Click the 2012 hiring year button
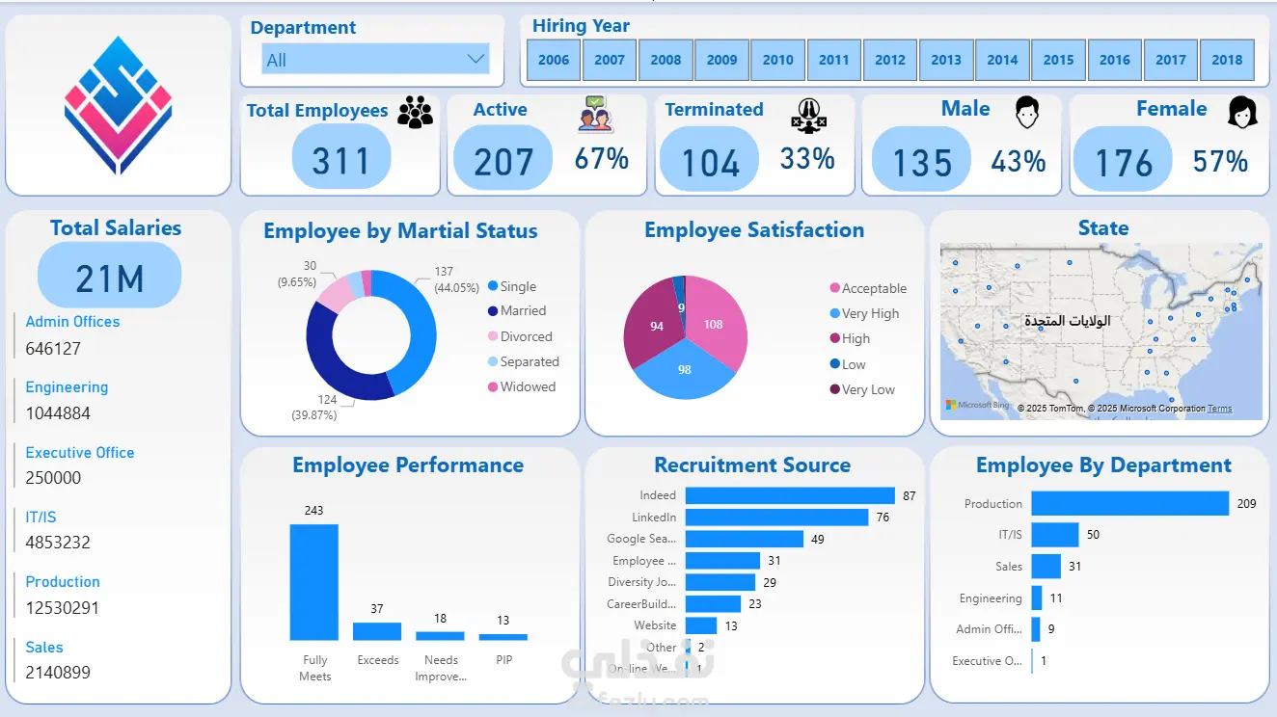[x=890, y=59]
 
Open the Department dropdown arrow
[x=475, y=60]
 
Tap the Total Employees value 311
[x=341, y=159]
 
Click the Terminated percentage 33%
[x=807, y=158]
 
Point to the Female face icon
[x=1242, y=113]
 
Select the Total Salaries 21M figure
[x=110, y=278]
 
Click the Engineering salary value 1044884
[x=58, y=413]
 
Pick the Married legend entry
[x=523, y=311]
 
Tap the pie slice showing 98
[x=685, y=370]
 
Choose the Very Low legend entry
[x=868, y=390]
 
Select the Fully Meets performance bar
[x=314, y=582]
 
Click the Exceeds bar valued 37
[x=377, y=631]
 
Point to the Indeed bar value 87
[x=910, y=495]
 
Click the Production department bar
[x=1129, y=503]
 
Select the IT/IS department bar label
[x=1010, y=535]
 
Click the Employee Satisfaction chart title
[x=754, y=230]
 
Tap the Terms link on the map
[x=1220, y=409]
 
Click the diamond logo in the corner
[x=118, y=106]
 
